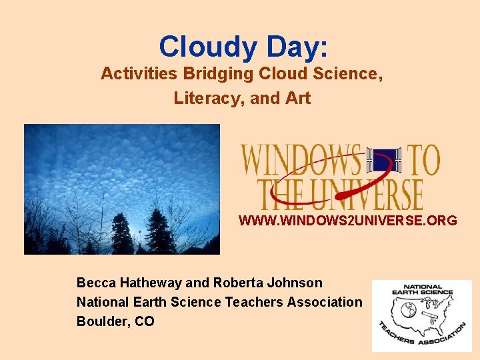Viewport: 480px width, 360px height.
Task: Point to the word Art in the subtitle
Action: (x=298, y=98)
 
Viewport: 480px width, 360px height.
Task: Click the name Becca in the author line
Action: (x=96, y=283)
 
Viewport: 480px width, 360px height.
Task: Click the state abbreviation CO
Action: (x=145, y=321)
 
